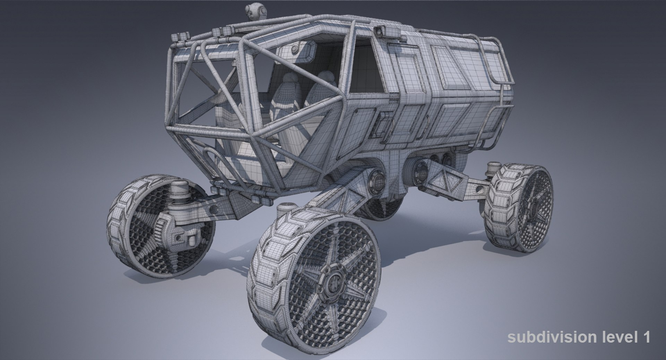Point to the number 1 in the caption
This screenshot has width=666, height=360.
coord(646,337)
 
